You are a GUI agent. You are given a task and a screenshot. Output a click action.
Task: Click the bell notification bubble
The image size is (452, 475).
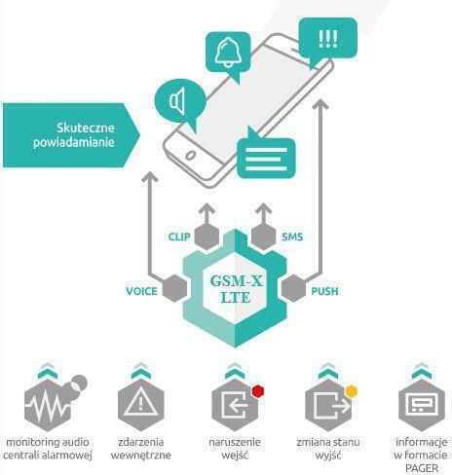coord(228,54)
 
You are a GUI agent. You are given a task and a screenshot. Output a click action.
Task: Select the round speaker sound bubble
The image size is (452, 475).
coord(180,101)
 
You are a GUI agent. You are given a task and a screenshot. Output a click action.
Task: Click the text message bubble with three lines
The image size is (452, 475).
coord(266,157)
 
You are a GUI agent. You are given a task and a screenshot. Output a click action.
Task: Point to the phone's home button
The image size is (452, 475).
coord(190,156)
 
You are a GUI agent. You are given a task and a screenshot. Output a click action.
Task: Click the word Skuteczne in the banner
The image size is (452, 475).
coord(86,128)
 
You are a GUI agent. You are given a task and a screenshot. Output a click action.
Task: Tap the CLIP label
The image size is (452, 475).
coord(179,237)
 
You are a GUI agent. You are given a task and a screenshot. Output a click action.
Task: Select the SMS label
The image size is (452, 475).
coord(292,237)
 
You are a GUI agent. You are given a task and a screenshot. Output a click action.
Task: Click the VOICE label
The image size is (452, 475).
coord(141,291)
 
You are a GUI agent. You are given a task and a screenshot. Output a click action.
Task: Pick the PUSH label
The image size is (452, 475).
coord(324,291)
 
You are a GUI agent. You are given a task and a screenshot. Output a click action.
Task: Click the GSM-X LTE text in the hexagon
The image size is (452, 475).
coord(236,289)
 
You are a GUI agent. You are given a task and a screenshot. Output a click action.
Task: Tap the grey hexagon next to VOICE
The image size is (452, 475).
coord(174,288)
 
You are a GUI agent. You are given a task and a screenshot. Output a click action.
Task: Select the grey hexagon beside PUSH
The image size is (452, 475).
coord(294,288)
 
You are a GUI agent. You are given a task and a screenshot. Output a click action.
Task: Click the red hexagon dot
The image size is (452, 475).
coord(258,391)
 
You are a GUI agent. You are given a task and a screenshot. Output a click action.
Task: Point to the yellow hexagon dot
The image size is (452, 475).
coord(352,391)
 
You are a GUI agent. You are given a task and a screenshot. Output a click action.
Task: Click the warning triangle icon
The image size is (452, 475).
coord(140,402)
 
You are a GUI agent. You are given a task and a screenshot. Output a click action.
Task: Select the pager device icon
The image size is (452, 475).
coord(422,404)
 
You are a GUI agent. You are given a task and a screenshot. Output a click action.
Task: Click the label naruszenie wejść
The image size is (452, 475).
coord(235,449)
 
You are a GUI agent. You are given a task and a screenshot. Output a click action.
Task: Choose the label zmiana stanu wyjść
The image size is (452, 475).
coord(328,449)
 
